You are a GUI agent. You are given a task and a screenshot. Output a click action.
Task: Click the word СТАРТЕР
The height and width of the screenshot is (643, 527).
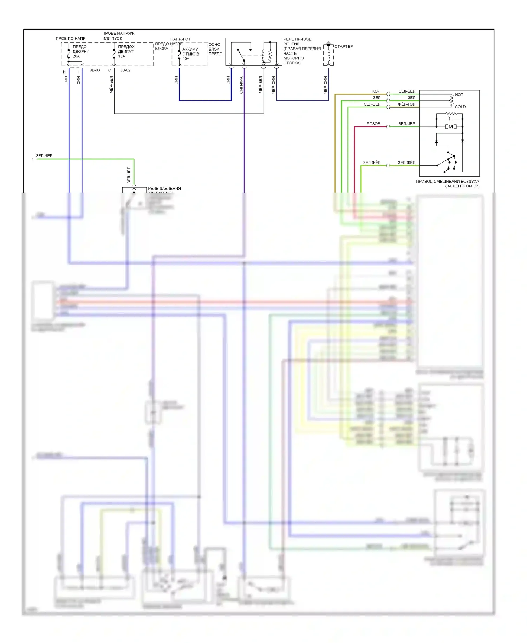coord(343,46)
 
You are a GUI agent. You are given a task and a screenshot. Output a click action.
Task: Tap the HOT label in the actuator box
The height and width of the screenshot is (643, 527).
coord(459,95)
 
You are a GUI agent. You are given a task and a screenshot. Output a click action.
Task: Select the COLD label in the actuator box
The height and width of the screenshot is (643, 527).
coord(460,107)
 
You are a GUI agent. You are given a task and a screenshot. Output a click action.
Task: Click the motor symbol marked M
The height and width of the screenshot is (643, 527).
coord(451,127)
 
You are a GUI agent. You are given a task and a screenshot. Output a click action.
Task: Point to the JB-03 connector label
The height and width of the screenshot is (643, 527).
coord(95,70)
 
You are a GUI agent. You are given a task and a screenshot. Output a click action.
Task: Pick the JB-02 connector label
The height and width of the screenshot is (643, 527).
coord(125,70)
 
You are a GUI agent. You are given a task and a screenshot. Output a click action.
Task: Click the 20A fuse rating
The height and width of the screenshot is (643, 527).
coord(76,56)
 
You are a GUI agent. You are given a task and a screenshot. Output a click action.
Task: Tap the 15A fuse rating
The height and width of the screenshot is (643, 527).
coord(122,56)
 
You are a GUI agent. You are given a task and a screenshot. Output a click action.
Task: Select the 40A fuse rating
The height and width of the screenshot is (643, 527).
coord(186,59)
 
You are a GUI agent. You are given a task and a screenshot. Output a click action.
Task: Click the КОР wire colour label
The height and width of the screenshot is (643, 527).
coord(376,91)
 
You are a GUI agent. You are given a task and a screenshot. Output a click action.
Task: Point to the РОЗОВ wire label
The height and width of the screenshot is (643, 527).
coord(373,124)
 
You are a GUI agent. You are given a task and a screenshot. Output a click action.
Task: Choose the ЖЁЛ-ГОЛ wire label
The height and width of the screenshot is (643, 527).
coord(406,104)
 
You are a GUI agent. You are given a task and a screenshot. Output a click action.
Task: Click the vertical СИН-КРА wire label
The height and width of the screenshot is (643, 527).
coord(241,85)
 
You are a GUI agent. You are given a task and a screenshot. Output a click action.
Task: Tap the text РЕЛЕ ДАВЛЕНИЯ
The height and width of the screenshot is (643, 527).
coord(164,189)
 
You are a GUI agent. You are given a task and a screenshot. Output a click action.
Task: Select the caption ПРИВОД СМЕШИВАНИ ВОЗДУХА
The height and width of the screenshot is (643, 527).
coord(447,182)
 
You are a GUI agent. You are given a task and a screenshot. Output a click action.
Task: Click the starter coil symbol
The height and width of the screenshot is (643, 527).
coord(329,55)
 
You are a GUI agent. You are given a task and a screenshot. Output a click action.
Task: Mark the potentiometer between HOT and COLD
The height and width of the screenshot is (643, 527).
coord(451,100)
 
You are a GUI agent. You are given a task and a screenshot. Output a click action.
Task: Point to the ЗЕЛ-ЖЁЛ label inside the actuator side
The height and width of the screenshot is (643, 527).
coord(406,163)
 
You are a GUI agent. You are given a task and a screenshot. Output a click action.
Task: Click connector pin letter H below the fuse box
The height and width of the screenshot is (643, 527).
coord(64,72)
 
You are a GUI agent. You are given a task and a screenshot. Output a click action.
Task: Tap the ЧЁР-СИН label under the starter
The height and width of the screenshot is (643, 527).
coord(326,85)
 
